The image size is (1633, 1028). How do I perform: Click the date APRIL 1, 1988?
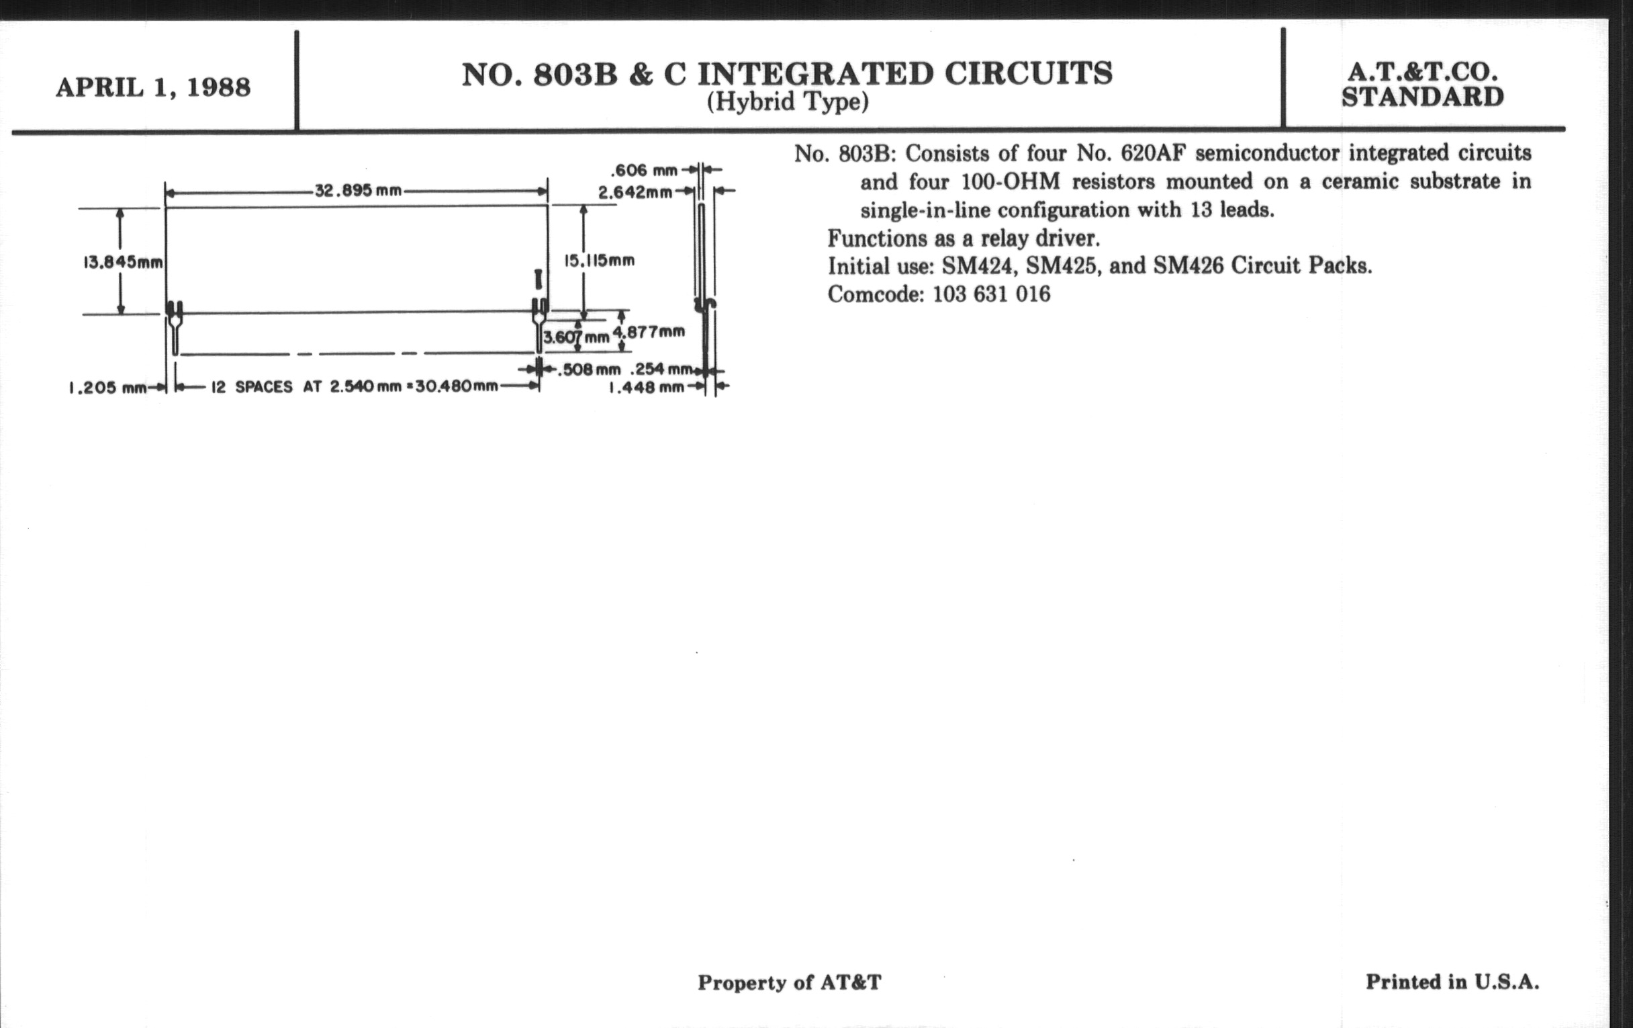[153, 87]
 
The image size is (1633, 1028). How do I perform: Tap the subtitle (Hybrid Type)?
[788, 102]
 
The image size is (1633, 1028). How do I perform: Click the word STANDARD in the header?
[1423, 97]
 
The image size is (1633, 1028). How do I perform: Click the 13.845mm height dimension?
[123, 262]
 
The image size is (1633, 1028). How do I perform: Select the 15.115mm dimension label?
[600, 261]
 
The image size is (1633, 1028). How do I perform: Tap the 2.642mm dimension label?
[635, 193]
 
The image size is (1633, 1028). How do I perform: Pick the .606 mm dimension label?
[644, 170]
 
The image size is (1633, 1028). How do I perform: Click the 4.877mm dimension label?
[649, 332]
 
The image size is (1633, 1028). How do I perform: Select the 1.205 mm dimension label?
[108, 388]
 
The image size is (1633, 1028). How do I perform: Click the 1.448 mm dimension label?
[646, 388]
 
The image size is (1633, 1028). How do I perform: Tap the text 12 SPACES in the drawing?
[252, 387]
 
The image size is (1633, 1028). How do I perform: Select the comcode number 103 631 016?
[992, 294]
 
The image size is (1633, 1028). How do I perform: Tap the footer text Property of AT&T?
[790, 983]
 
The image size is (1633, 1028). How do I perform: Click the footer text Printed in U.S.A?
[1452, 982]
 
